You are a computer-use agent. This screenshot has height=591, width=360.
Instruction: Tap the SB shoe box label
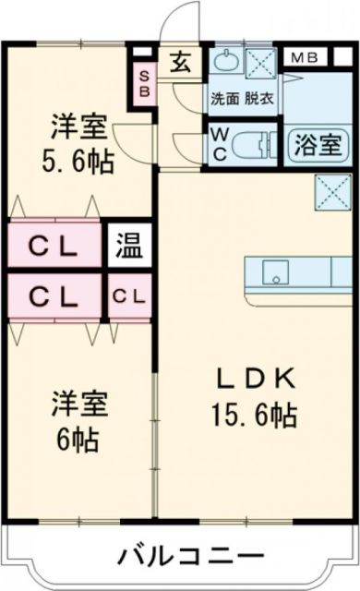pyautogui.click(x=144, y=82)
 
